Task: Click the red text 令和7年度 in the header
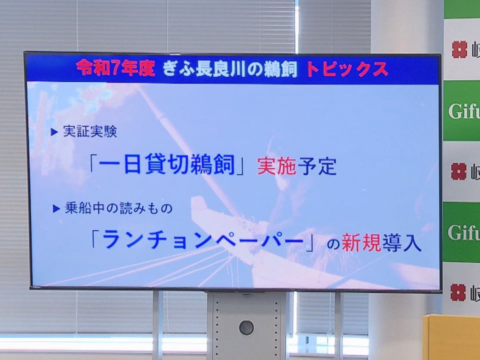point(115,68)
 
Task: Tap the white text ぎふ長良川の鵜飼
point(230,69)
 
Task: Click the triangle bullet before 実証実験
point(54,132)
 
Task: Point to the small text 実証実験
point(90,131)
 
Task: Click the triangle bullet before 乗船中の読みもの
point(56,209)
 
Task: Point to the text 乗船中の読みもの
point(119,208)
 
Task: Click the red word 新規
point(361,243)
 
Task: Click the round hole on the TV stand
point(246,327)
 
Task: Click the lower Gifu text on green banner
point(464,232)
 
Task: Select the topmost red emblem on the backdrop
point(459,49)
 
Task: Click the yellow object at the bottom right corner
point(452,337)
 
